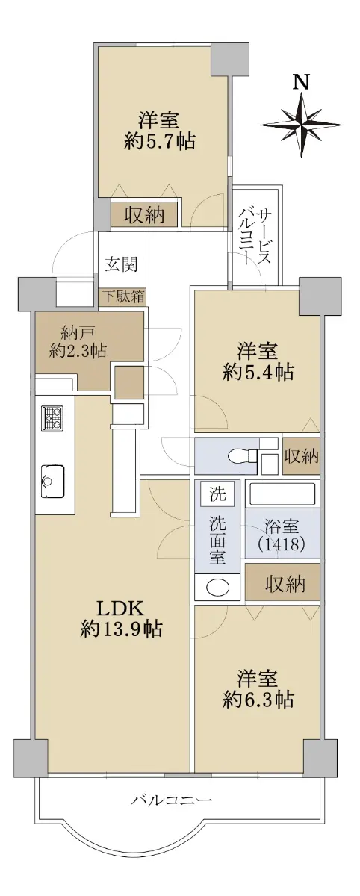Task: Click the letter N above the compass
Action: [x=301, y=82]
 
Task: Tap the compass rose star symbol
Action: [x=301, y=123]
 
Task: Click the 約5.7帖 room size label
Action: [x=159, y=142]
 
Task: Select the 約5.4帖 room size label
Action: [x=258, y=373]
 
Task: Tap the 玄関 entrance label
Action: [x=121, y=264]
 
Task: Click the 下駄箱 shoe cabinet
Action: [x=122, y=298]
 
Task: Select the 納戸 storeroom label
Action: [x=78, y=332]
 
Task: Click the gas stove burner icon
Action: [x=52, y=418]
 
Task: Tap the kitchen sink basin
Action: [x=52, y=482]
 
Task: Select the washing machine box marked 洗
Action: [x=218, y=494]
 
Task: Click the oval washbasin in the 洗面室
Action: [x=218, y=587]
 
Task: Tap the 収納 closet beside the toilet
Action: [x=301, y=456]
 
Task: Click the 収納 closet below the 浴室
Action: [x=282, y=583]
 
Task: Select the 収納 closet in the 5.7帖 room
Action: [x=144, y=215]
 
